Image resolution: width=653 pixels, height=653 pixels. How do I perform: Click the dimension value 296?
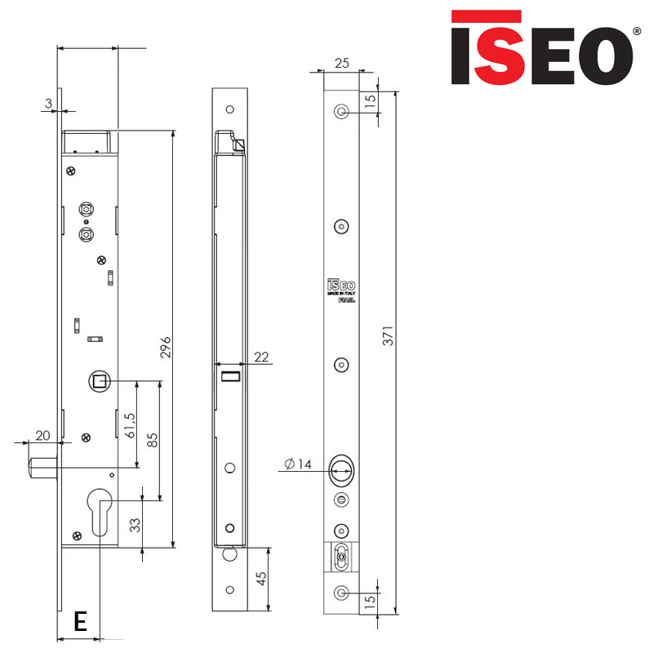tap(166, 346)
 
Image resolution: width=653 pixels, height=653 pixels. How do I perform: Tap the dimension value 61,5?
tap(129, 425)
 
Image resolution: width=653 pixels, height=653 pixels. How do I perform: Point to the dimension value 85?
tap(153, 441)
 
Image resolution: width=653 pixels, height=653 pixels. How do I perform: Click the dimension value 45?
tap(261, 578)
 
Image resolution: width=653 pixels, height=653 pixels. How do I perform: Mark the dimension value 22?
tap(262, 356)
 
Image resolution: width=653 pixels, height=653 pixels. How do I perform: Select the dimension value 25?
tap(341, 63)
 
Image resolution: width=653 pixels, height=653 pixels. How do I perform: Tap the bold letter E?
tap(80, 622)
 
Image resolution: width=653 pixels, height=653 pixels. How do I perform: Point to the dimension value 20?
tap(42, 435)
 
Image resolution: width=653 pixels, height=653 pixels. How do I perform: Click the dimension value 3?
tap(49, 103)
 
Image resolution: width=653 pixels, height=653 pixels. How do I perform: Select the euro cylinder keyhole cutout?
tap(100, 510)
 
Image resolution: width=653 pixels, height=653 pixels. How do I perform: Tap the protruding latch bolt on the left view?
tap(42, 469)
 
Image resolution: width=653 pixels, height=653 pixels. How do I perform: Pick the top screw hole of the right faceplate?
tap(342, 111)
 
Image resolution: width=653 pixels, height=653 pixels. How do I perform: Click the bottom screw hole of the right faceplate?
tap(342, 592)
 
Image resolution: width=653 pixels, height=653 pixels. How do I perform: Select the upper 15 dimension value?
tap(370, 102)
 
